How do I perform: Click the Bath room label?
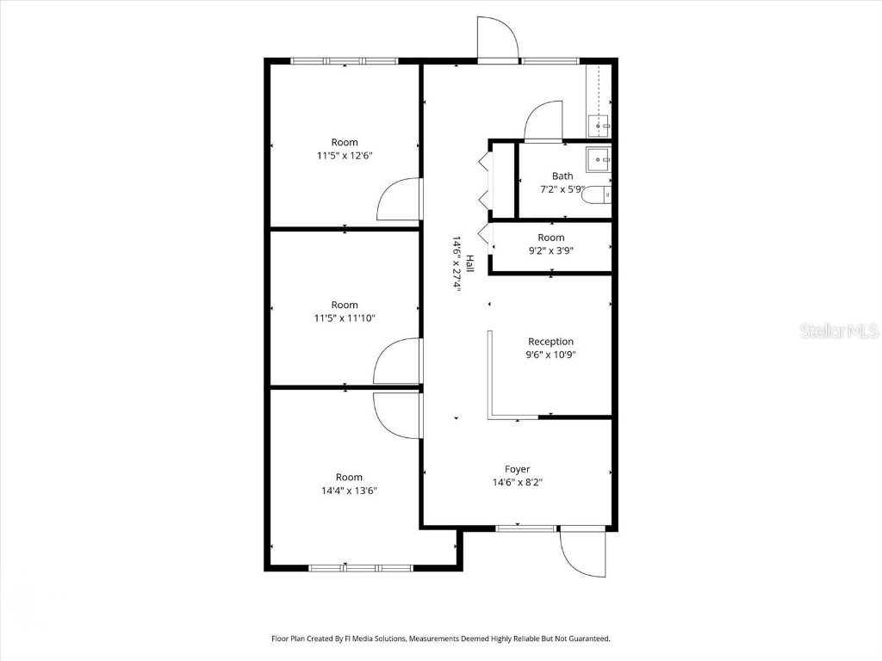coord(562,176)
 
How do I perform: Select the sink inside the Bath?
coord(598,159)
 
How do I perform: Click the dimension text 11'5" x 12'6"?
coord(345,156)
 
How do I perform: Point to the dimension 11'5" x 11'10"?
coord(345,318)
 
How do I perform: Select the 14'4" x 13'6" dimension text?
coord(349,491)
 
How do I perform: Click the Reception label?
coord(550,342)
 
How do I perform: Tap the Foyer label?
coord(517,469)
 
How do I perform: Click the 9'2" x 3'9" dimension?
coord(550,251)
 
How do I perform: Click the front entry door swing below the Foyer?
coord(579,553)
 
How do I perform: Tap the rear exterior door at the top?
coord(499,39)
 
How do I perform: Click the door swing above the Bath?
coord(543,120)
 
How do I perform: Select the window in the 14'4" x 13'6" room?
coord(361,568)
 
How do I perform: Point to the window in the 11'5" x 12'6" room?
coord(345,60)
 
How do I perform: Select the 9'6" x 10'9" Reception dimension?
coord(550,355)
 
